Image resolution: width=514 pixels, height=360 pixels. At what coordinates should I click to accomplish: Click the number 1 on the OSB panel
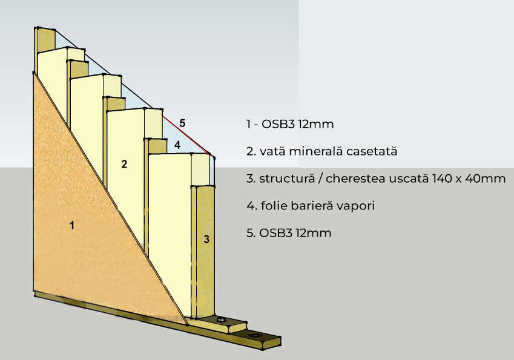tap(72, 226)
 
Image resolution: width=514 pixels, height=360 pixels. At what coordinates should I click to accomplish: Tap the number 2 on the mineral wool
tap(124, 163)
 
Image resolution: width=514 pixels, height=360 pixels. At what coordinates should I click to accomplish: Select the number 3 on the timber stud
tap(206, 240)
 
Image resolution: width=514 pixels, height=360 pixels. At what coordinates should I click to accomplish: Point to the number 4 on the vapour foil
tap(177, 145)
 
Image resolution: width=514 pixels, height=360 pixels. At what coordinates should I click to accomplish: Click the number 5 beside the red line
tap(182, 123)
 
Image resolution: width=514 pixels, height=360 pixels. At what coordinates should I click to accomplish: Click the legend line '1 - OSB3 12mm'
tap(291, 124)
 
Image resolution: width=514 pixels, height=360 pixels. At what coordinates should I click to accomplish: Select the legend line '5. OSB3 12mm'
tap(289, 233)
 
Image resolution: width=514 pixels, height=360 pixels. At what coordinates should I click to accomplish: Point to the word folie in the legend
tap(272, 206)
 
